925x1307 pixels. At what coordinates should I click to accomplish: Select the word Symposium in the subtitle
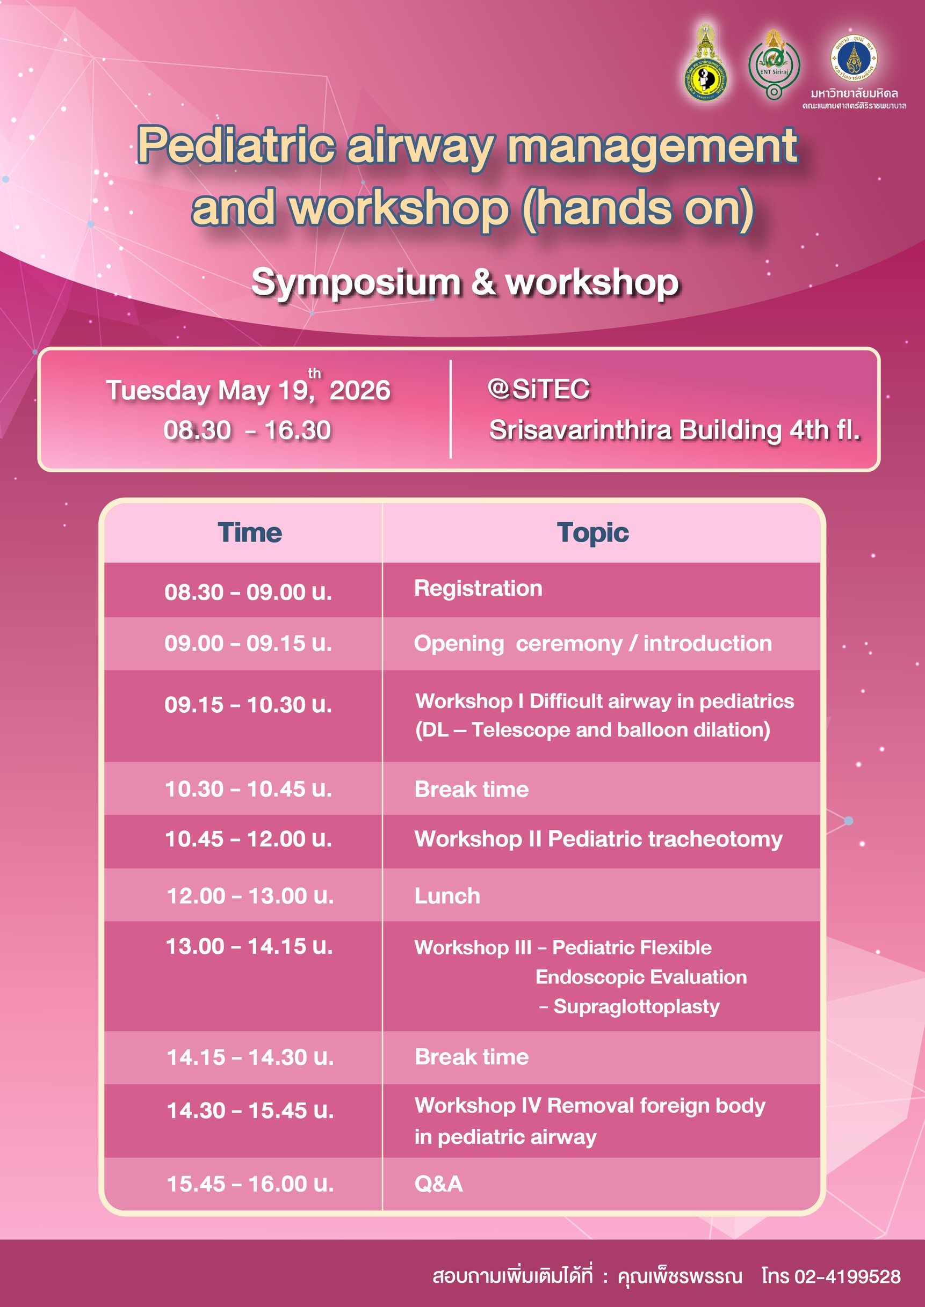pos(356,283)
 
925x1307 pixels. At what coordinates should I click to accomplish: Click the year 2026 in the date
pos(359,391)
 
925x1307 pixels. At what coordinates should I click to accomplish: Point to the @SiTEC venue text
pos(538,389)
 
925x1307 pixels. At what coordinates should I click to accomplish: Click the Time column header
pos(249,532)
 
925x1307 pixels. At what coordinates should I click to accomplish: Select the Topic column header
pos(593,533)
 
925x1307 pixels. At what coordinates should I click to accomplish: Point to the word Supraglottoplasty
pos(636,1007)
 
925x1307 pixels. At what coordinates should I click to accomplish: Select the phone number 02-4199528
pos(848,1276)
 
